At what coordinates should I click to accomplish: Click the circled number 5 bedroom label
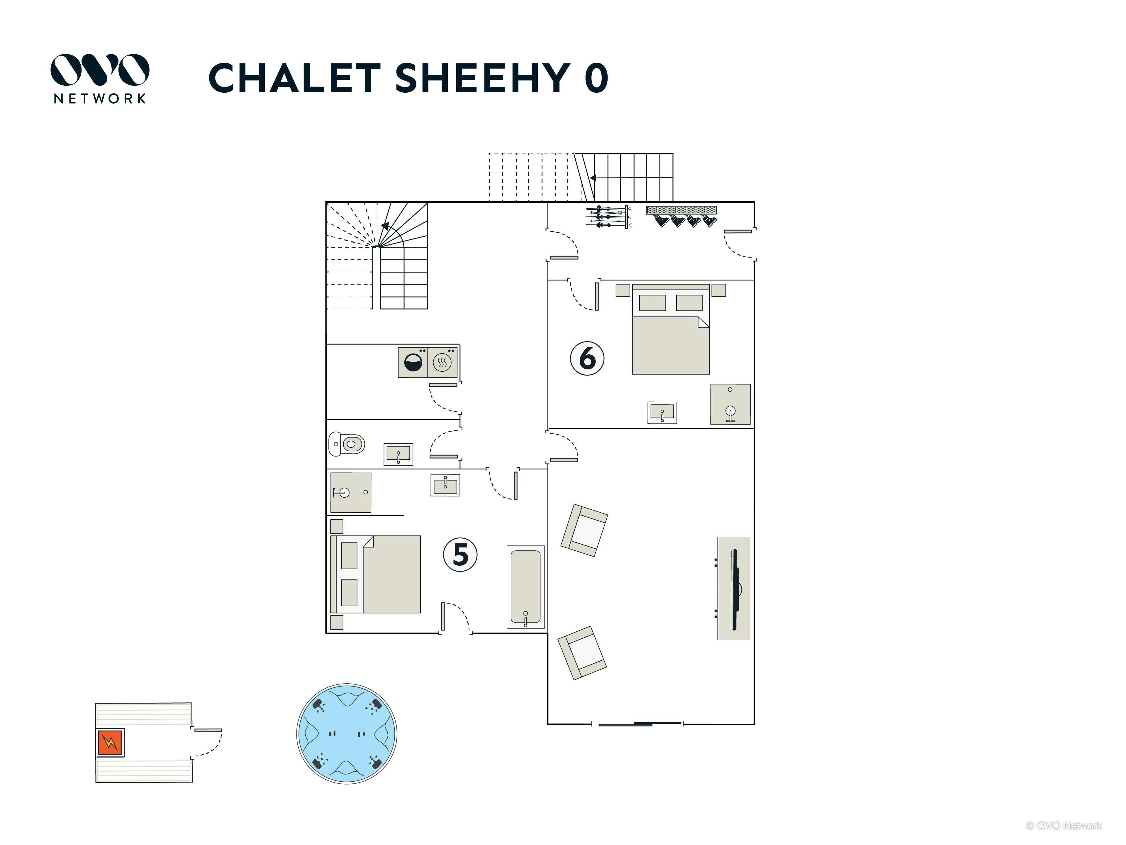460,554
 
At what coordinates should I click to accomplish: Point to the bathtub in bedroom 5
525,587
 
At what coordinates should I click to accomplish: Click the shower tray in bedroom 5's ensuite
351,493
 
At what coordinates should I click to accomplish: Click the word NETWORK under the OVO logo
100,98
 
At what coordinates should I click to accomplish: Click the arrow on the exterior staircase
593,178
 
